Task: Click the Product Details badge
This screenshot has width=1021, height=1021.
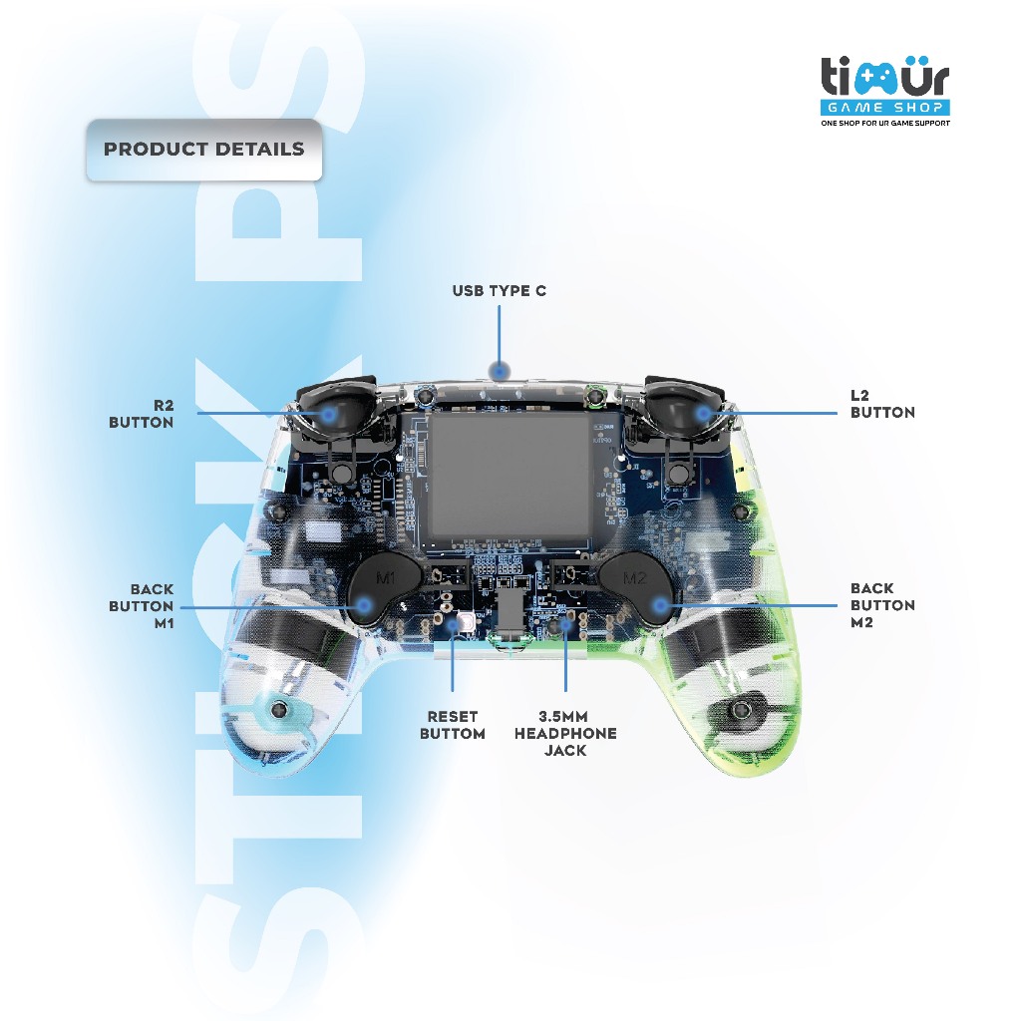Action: [x=204, y=150]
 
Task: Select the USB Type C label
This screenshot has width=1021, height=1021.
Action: [x=499, y=291]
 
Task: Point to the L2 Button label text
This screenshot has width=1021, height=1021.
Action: [x=882, y=404]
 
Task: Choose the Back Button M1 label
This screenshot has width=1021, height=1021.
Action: [x=141, y=605]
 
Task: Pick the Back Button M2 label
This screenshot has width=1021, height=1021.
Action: [x=882, y=605]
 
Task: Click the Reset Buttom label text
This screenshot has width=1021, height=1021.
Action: [x=453, y=725]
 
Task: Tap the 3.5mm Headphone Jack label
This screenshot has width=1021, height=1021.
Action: [x=565, y=733]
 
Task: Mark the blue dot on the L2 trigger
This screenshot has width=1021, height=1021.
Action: [x=704, y=412]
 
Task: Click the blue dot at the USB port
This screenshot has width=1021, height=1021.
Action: [x=500, y=371]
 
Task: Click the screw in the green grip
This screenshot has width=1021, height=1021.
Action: [x=743, y=709]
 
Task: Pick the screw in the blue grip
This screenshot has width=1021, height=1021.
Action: [x=279, y=709]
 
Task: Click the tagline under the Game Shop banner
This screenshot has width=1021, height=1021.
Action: [x=884, y=124]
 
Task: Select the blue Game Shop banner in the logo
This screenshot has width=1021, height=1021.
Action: [x=884, y=107]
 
